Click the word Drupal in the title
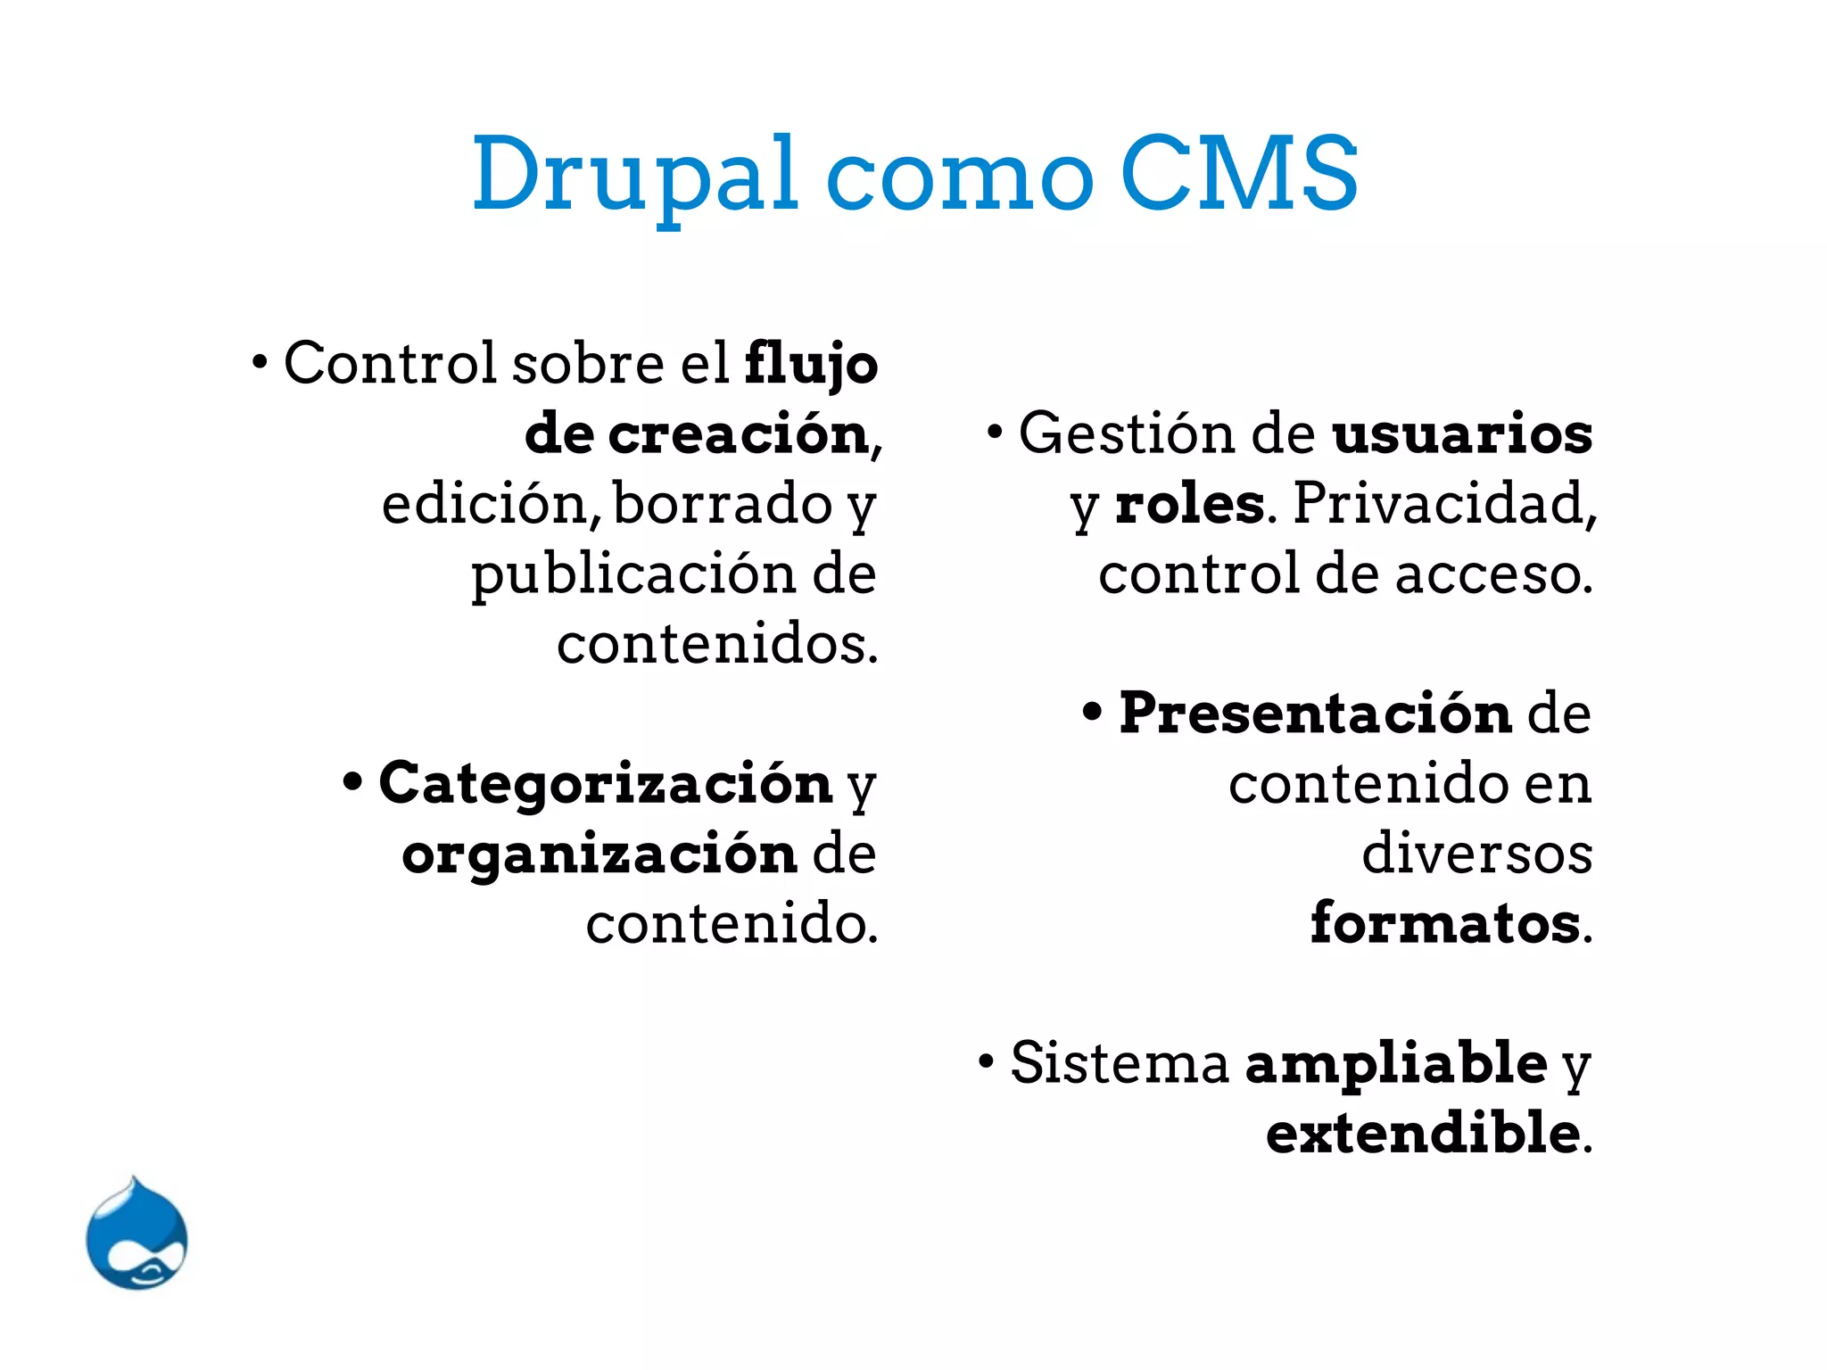click(x=634, y=175)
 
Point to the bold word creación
click(x=739, y=434)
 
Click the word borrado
click(x=723, y=504)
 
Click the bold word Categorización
click(x=606, y=784)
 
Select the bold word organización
click(x=599, y=854)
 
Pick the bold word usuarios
click(x=1461, y=434)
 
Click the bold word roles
click(x=1189, y=504)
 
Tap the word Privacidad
click(x=1443, y=504)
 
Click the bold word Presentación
click(x=1316, y=714)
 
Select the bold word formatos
click(x=1445, y=923)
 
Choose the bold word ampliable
click(x=1396, y=1064)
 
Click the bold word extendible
click(x=1423, y=1134)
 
